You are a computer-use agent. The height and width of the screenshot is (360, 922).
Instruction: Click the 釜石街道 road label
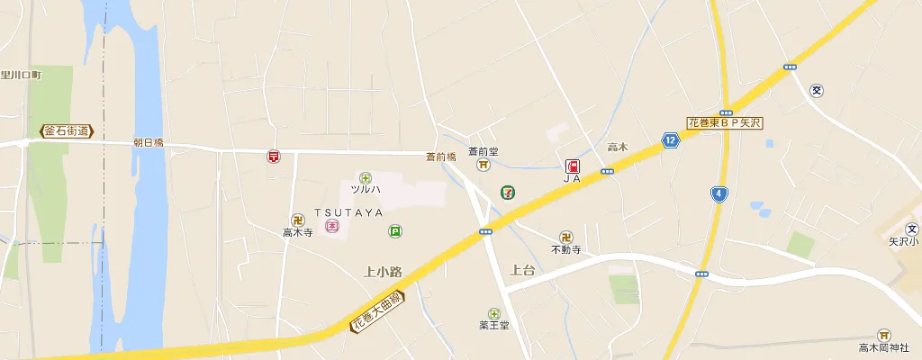68,131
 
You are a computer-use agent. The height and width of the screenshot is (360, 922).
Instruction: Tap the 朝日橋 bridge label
148,143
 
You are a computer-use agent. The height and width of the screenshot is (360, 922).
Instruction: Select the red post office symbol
274,157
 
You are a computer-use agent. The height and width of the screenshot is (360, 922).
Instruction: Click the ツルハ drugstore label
366,190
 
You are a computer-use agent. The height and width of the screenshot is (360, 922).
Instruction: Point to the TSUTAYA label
348,212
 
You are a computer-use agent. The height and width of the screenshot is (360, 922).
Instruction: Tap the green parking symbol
394,231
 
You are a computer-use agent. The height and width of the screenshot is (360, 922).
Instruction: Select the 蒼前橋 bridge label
441,157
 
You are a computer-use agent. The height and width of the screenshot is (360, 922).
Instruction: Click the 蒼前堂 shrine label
484,151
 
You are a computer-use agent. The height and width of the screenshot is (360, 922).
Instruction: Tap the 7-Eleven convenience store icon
510,193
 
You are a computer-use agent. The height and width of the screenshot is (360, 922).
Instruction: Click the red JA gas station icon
572,166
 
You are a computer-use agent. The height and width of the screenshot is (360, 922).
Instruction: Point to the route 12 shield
671,139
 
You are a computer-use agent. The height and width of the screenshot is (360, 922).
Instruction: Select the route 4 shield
718,193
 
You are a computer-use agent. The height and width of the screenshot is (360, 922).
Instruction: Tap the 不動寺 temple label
566,249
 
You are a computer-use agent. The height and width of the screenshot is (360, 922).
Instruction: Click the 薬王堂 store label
493,325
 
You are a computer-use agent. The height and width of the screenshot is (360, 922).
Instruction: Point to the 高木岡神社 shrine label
883,346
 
